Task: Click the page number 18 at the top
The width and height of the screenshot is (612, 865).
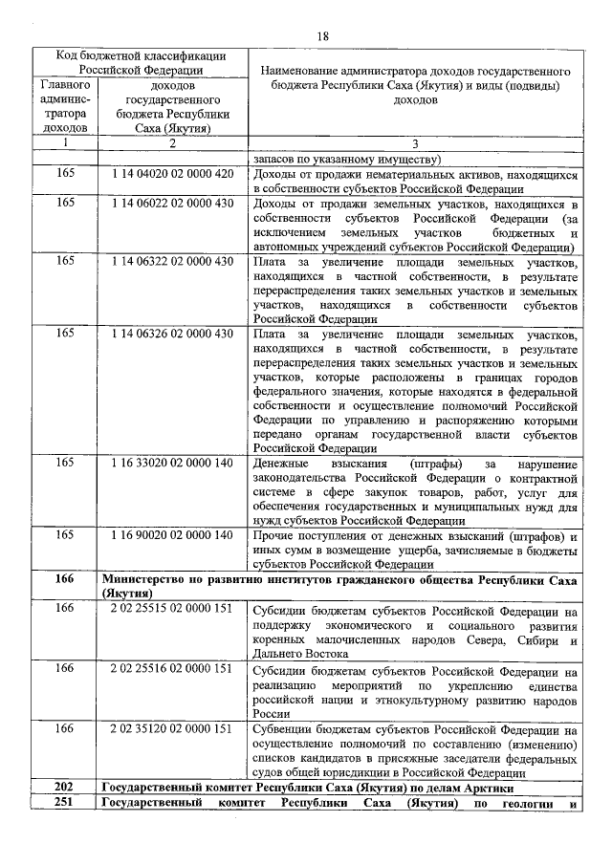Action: pyautogui.click(x=322, y=35)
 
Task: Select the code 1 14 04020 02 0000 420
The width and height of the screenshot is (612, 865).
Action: pyautogui.click(x=172, y=175)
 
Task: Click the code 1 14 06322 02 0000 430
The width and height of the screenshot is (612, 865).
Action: pyautogui.click(x=172, y=261)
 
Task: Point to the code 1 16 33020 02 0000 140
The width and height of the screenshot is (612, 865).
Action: pyautogui.click(x=172, y=463)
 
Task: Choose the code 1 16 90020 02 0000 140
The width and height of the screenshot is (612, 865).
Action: pyautogui.click(x=172, y=535)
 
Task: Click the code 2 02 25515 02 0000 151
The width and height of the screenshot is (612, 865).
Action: pyautogui.click(x=172, y=608)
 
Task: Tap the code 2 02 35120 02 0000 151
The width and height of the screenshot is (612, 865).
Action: pyautogui.click(x=172, y=728)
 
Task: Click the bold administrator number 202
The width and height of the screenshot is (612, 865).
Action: pyautogui.click(x=64, y=788)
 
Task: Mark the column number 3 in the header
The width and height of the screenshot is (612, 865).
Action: pyautogui.click(x=414, y=143)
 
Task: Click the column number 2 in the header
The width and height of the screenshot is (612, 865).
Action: pyautogui.click(x=172, y=143)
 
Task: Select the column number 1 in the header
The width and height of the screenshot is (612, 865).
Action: pyautogui.click(x=64, y=143)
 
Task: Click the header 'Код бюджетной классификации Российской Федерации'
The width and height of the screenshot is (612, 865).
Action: pyautogui.click(x=140, y=62)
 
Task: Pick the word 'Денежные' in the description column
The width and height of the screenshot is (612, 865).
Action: pyautogui.click(x=281, y=464)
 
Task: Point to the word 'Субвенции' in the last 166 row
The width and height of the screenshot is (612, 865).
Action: pyautogui.click(x=284, y=729)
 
